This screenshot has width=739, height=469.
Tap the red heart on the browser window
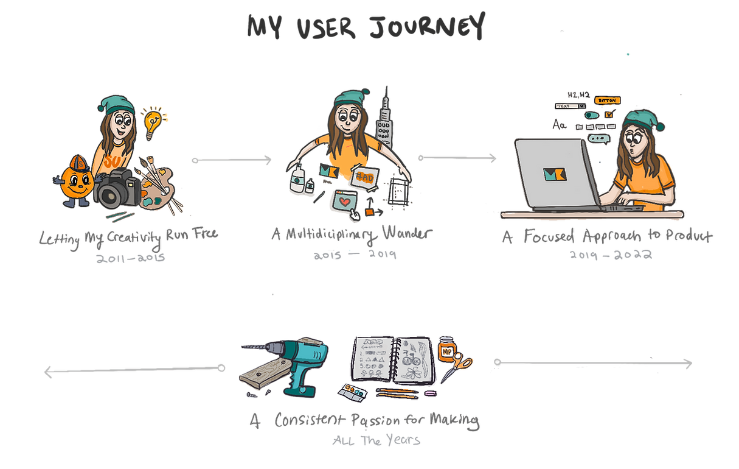(344, 201)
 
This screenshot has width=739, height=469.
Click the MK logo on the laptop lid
(554, 174)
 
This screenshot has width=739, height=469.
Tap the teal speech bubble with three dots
(598, 139)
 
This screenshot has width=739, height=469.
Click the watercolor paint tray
(353, 390)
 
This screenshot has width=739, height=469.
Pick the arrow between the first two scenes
(231, 160)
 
